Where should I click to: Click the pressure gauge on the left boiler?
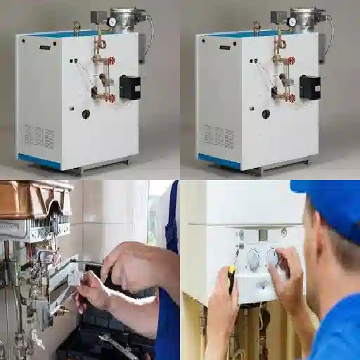pos(111,22)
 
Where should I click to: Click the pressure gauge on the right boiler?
pos(291,22)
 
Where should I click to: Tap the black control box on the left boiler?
pos(129,86)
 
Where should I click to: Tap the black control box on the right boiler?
pos(309,86)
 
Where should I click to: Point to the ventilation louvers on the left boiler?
pos(39,135)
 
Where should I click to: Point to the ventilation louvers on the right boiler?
pos(219,135)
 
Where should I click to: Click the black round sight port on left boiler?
pos(86,114)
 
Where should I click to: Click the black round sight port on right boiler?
pos(266,114)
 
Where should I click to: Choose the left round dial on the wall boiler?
pos(253,259)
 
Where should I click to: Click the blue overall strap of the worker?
pos(172,218)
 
